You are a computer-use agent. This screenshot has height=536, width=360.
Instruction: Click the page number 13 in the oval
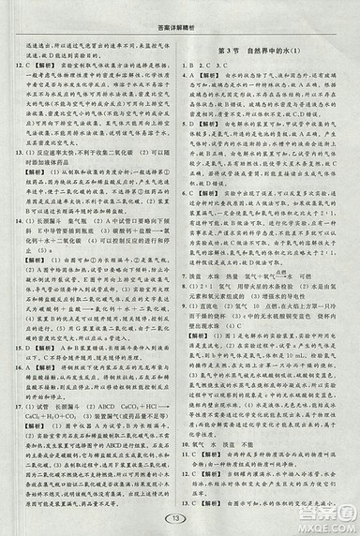pos(181,521)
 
